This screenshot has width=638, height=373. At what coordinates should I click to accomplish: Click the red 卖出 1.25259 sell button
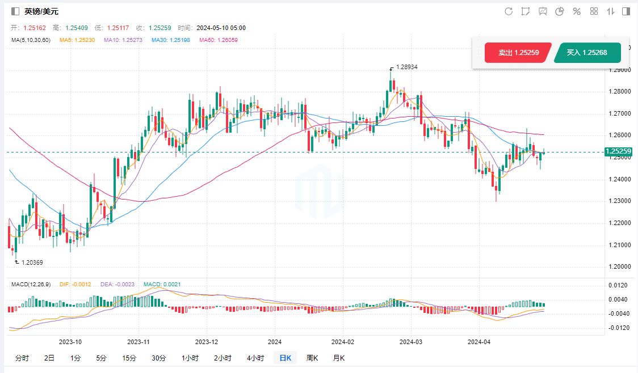(518, 53)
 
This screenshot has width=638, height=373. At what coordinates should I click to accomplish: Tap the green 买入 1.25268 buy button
(587, 53)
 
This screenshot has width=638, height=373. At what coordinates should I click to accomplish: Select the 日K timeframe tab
(285, 358)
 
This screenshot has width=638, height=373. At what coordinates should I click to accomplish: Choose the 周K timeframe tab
(312, 358)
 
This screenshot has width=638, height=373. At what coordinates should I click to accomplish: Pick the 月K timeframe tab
(339, 358)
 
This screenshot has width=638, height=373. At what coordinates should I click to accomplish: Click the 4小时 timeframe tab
(255, 358)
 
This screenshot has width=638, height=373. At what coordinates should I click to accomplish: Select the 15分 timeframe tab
(129, 358)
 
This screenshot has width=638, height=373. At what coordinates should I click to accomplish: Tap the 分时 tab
(22, 358)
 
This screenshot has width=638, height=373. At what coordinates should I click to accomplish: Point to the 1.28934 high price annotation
(406, 67)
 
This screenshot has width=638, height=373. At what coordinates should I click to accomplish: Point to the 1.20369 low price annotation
(32, 262)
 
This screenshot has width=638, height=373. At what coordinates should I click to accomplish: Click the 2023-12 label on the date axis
(207, 342)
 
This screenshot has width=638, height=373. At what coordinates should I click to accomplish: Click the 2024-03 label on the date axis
(411, 342)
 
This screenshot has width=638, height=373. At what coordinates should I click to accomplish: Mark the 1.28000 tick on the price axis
(619, 91)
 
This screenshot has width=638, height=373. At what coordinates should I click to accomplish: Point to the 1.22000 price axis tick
(619, 223)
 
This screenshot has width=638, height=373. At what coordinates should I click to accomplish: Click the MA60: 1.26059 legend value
(219, 40)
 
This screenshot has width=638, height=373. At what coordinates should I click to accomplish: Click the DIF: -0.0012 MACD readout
(76, 285)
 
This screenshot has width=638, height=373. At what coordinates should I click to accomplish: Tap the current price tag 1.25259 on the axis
(619, 151)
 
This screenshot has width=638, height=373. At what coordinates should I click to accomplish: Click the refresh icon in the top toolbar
(509, 11)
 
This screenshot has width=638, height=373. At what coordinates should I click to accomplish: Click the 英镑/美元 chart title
(41, 11)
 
